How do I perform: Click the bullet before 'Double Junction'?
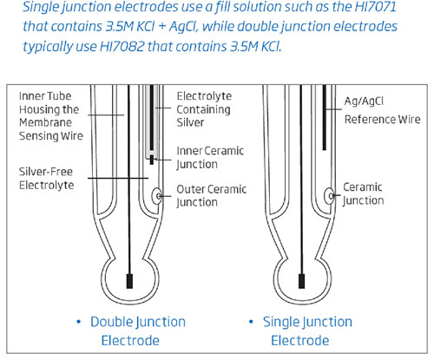78,323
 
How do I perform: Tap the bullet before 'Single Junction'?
253,323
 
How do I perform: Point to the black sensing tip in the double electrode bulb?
130,280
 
